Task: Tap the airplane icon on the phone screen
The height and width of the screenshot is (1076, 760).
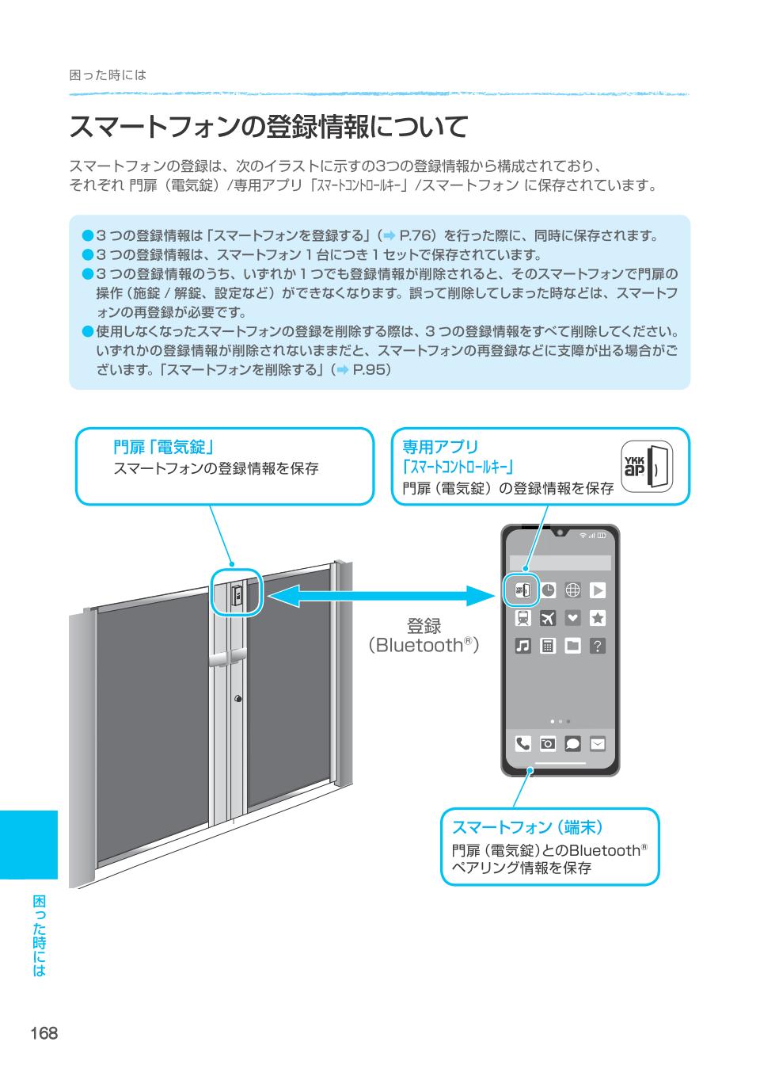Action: pos(548,617)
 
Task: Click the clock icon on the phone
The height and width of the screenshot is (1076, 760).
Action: pos(548,590)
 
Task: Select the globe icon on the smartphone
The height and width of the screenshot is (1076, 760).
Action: pos(573,590)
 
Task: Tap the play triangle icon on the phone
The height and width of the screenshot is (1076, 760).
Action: pos(598,590)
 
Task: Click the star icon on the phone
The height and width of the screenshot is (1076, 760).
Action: pos(598,617)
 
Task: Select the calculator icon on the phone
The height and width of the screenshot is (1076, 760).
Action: pos(548,646)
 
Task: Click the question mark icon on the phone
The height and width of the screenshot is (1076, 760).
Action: pos(598,646)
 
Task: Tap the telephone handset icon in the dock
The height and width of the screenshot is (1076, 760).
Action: pos(523,743)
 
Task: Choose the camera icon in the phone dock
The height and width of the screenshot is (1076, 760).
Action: pos(548,743)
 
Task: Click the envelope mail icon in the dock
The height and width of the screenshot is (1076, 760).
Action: pos(598,743)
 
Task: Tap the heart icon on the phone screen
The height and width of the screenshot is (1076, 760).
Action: pos(573,617)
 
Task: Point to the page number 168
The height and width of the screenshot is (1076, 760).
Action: pos(44,1033)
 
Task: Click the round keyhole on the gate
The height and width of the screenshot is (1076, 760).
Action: pos(237,699)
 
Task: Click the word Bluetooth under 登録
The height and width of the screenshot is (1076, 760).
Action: pos(419,646)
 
